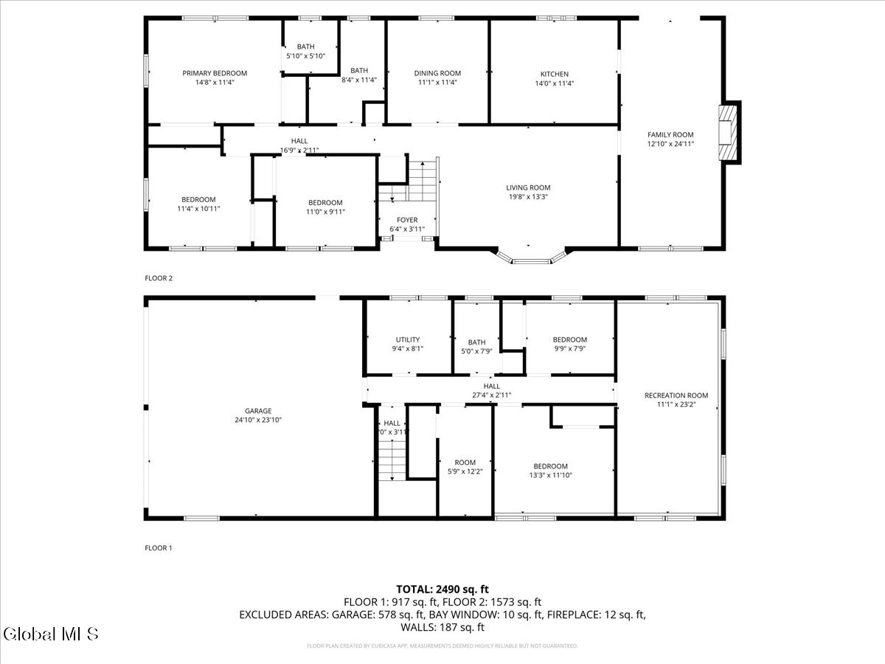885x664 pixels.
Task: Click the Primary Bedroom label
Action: pos(215,73)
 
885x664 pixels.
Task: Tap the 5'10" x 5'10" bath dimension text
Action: pos(305,56)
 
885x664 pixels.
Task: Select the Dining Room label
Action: pos(437,73)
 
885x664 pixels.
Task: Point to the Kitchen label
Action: pos(555,74)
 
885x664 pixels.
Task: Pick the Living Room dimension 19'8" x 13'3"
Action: pos(528,197)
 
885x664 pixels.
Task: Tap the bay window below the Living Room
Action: pos(531,257)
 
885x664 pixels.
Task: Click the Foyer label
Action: pos(407,220)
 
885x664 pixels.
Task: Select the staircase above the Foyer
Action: pos(422,181)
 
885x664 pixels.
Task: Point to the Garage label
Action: pos(258,411)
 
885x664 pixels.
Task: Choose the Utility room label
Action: pos(407,339)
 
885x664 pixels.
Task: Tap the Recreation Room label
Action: pos(676,395)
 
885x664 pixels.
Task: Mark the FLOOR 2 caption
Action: pos(159,278)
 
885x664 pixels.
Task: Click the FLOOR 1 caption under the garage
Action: pos(159,548)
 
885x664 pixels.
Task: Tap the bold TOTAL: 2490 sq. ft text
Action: pos(442,589)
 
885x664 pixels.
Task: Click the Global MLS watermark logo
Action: pos(50,634)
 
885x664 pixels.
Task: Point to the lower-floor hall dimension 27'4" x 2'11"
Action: pos(491,395)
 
